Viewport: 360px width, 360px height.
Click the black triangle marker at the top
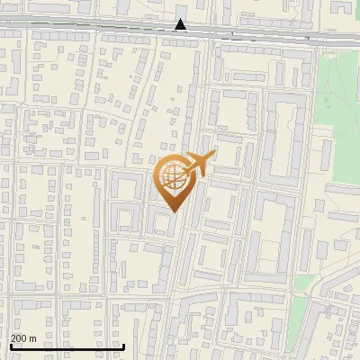pyautogui.click(x=181, y=25)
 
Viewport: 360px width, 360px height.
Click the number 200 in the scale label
pyautogui.click(x=19, y=338)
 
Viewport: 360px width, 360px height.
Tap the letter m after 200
pyautogui.click(x=32, y=338)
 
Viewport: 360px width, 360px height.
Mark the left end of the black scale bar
pyautogui.click(x=11, y=346)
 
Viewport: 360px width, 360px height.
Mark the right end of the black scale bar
pyautogui.click(x=123, y=346)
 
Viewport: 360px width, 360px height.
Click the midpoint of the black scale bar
pyautogui.click(x=67, y=346)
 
